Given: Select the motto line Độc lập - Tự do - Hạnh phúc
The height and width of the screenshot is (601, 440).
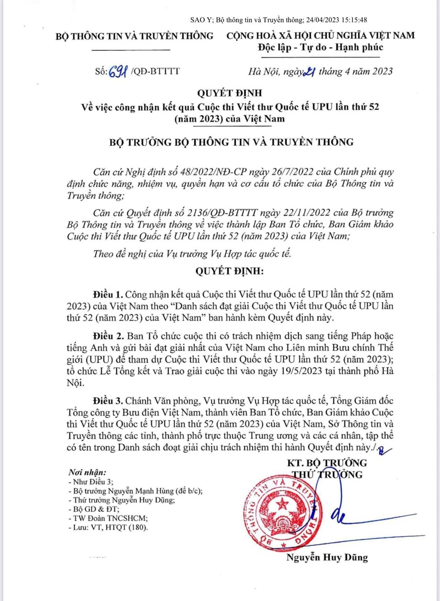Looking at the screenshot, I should [x=321, y=47].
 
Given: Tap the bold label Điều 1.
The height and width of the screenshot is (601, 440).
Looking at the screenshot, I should [x=108, y=295].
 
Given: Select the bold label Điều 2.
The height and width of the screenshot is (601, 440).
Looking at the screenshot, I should [x=108, y=338].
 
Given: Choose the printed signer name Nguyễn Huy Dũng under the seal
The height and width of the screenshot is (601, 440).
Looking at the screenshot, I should [x=327, y=557].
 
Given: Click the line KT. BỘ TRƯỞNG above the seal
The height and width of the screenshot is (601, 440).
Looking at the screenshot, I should [x=327, y=463].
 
